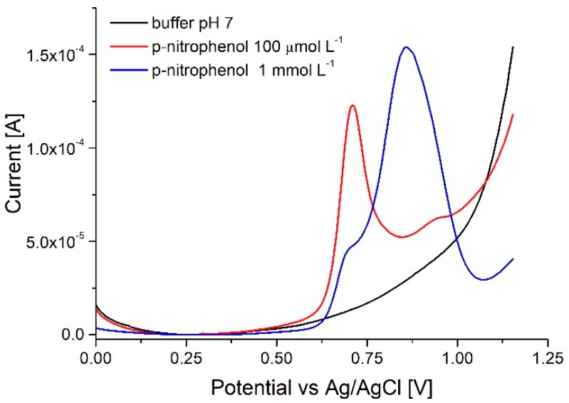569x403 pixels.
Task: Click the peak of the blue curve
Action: (406, 47)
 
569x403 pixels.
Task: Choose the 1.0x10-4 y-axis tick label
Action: (59, 148)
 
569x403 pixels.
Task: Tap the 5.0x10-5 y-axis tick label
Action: (59, 241)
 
